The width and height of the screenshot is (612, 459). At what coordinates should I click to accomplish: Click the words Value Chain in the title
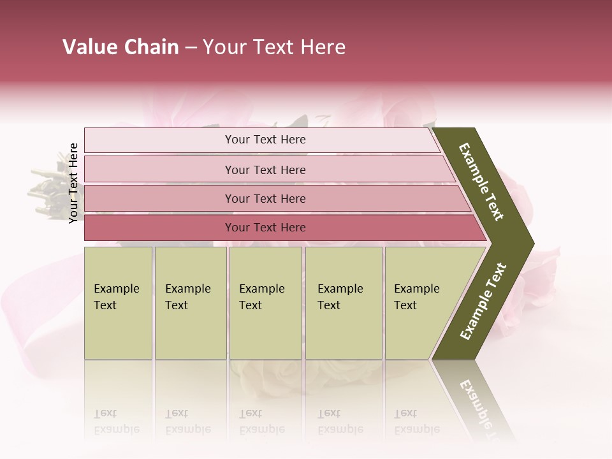120,47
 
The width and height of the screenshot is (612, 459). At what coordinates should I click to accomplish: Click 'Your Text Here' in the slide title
274,47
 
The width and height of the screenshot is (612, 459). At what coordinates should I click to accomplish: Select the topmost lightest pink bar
261,140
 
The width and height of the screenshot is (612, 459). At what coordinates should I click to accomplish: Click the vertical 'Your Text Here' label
73,183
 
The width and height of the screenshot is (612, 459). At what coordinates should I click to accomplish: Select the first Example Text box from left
118,302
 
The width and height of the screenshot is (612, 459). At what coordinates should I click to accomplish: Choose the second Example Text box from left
190,302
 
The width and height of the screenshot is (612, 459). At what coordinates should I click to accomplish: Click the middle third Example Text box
265,302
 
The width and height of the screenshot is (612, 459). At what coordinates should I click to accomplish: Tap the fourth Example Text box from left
343,302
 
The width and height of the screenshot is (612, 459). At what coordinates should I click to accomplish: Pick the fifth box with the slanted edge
421,302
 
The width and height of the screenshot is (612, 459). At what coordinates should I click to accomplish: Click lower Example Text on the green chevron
483,302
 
